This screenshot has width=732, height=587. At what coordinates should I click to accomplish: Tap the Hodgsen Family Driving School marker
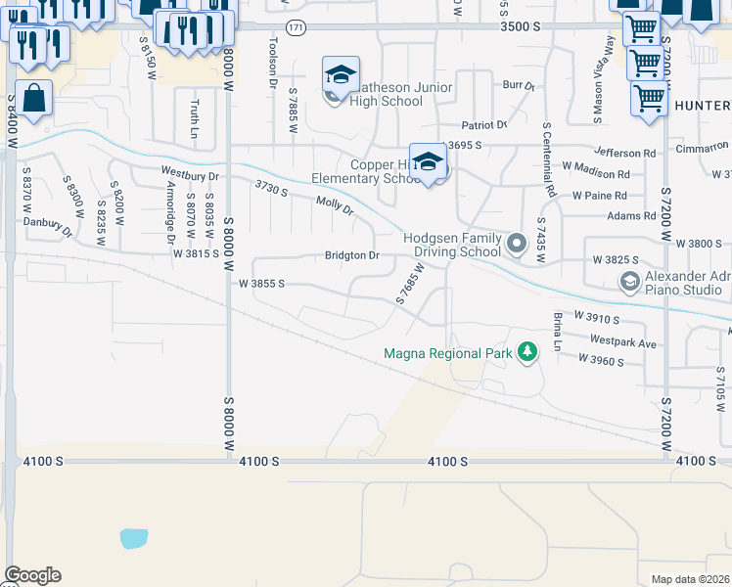516,241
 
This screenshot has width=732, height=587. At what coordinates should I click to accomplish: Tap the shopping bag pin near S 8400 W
33,100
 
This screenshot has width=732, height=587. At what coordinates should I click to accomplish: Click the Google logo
32,575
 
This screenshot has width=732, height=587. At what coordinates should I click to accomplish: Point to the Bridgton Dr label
351,255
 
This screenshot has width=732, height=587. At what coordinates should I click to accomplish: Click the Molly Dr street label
334,206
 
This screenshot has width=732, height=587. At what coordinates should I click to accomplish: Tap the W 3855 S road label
261,284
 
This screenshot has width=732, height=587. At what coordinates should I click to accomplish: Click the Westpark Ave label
623,342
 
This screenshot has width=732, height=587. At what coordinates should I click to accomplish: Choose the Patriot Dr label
484,125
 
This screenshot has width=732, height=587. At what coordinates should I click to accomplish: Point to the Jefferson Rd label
624,154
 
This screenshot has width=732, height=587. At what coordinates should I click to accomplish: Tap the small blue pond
134,538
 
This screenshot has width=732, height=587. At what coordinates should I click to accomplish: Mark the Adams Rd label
630,215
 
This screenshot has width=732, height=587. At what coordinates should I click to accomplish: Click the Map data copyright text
691,579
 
